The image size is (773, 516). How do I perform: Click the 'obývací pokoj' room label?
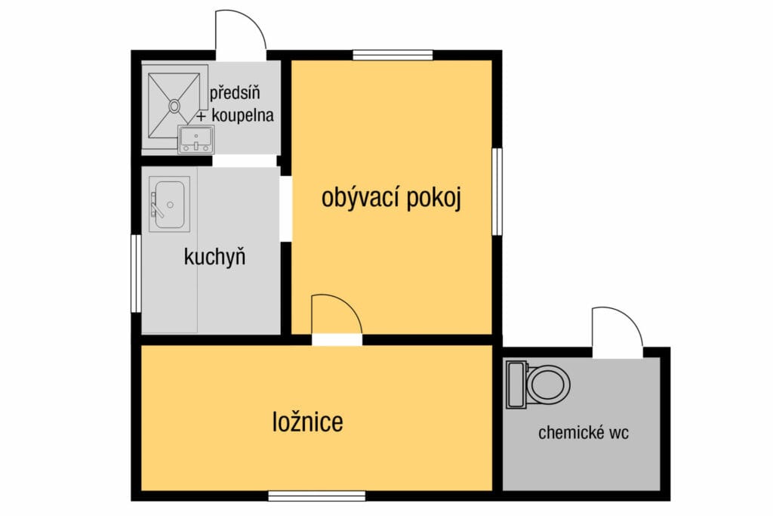click(x=392, y=198)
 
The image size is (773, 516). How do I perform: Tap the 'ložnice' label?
click(x=308, y=422)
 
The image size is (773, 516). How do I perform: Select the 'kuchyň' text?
click(x=214, y=257)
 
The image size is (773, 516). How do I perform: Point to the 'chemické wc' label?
click(x=584, y=433)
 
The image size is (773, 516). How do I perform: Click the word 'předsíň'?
click(x=235, y=93)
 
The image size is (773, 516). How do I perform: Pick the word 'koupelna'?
click(x=242, y=116)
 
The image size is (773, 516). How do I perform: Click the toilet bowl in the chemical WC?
click(x=548, y=385)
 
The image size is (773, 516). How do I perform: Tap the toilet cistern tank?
click(x=516, y=385)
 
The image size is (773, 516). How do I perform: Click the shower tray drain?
click(x=174, y=106)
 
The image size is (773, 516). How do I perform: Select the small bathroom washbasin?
click(x=196, y=139)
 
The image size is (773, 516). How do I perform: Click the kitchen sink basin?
click(x=170, y=204)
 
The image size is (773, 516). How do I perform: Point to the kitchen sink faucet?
click(x=156, y=206)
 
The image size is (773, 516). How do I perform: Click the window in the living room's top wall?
click(x=393, y=54)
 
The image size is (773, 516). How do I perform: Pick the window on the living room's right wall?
click(x=497, y=191)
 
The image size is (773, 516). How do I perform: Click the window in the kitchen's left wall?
click(x=136, y=273)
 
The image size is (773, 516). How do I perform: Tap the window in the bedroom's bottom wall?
click(x=316, y=496)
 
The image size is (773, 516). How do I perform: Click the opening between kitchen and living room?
click(x=286, y=209)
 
